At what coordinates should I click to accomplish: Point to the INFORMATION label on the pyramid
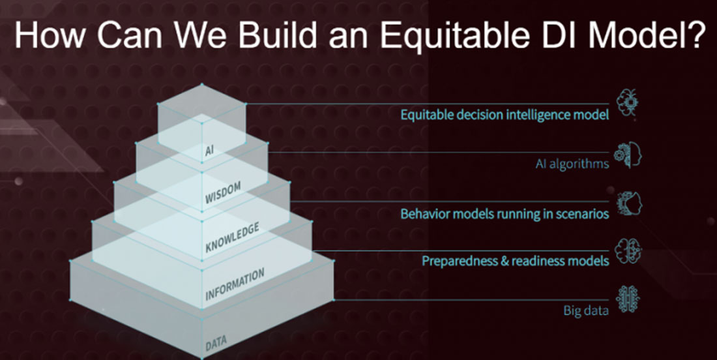(235, 284)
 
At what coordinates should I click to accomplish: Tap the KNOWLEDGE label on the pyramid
(232, 237)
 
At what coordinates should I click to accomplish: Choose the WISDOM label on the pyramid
(223, 192)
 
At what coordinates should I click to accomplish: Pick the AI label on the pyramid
(209, 151)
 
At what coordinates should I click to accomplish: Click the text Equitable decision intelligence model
(505, 115)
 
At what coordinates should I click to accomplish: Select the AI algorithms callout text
(572, 164)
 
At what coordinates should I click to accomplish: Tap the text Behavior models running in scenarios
(505, 214)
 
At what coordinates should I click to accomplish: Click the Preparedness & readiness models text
(516, 261)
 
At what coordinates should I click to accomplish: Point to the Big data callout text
(586, 311)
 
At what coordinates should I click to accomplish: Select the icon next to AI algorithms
(627, 155)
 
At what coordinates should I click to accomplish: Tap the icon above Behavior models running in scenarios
(628, 203)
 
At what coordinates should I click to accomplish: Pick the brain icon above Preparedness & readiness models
(628, 250)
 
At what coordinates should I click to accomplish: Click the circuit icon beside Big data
(628, 299)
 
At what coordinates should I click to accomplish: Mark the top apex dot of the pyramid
(202, 84)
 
